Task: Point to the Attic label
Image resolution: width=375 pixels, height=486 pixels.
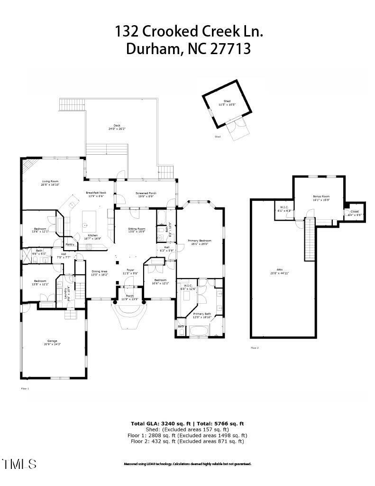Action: [283, 271]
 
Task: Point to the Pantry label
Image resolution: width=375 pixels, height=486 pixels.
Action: [70, 244]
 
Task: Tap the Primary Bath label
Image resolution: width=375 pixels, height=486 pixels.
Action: [202, 315]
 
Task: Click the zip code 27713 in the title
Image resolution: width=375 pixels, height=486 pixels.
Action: [228, 49]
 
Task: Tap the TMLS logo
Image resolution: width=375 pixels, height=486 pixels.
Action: [19, 464]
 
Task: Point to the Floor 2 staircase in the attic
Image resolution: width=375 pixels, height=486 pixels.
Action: [310, 239]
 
